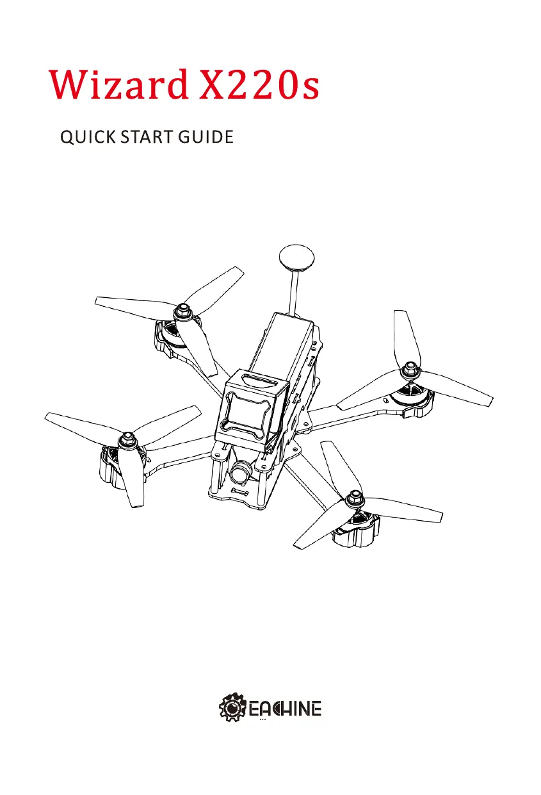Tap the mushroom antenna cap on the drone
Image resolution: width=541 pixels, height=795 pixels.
click(297, 258)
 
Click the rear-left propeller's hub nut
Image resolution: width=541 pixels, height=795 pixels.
click(183, 311)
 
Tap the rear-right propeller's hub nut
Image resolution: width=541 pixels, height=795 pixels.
click(408, 370)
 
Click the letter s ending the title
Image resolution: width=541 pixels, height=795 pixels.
click(309, 90)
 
